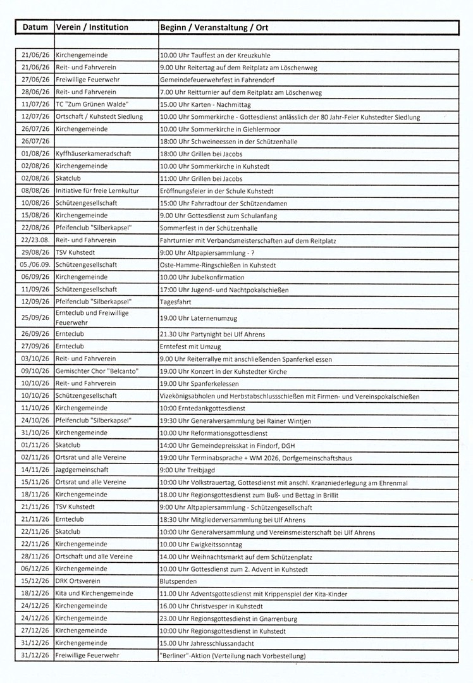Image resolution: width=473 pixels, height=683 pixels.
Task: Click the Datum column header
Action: click(35, 28)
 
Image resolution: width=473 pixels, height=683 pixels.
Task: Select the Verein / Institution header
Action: click(92, 28)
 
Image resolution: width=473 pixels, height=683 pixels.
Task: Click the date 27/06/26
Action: click(35, 80)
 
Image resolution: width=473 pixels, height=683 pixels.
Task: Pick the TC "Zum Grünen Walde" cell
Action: click(92, 104)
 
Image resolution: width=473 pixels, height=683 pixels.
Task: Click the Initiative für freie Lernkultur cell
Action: click(97, 190)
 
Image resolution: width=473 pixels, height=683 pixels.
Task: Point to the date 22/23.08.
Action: click(35, 240)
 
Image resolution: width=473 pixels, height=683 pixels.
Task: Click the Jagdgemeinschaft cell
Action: click(82, 470)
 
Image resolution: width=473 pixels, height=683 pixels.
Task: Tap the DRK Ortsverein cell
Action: click(78, 581)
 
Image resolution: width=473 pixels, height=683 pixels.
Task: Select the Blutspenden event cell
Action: click(177, 581)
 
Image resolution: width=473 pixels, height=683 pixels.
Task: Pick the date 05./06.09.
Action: click(35, 264)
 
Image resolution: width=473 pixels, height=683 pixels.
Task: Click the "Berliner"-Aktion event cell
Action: click(232, 655)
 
